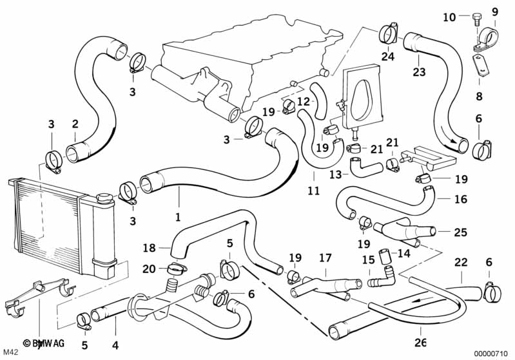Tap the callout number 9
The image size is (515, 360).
[495, 11]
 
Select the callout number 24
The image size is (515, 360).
[387, 56]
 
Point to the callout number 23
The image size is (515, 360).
[419, 72]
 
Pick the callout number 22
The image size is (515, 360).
[460, 263]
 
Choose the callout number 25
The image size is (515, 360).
[460, 232]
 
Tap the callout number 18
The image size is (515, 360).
[149, 247]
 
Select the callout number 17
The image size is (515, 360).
[326, 258]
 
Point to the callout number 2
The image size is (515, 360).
[75, 124]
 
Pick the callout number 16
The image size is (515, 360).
[460, 200]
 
